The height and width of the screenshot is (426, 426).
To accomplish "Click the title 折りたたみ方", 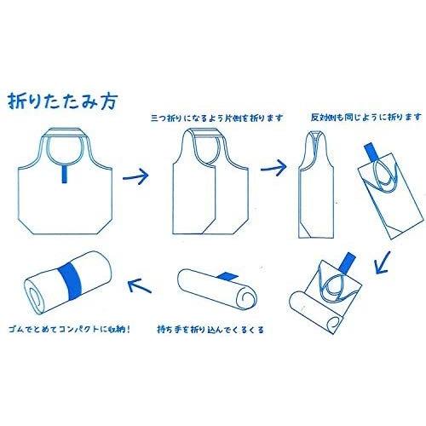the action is pyautogui.click(x=62, y=101).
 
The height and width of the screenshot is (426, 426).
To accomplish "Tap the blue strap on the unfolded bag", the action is pyautogui.click(x=65, y=174).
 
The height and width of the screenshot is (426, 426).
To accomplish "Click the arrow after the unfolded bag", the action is pyautogui.click(x=135, y=176).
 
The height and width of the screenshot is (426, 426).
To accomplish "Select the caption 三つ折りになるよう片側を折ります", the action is pyautogui.click(x=217, y=118).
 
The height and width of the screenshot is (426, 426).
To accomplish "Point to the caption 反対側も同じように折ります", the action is pyautogui.click(x=366, y=117).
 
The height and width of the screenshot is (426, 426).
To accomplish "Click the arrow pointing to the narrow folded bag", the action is pyautogui.click(x=273, y=168).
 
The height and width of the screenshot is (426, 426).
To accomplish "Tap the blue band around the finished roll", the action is pyautogui.click(x=70, y=281).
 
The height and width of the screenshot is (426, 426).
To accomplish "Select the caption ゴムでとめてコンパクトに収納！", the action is pyautogui.click(x=70, y=330).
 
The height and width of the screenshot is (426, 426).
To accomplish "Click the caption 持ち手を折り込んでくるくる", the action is pyautogui.click(x=210, y=330).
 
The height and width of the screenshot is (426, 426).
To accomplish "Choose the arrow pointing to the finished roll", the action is pyautogui.click(x=140, y=285).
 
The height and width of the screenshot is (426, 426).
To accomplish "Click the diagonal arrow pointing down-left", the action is pyautogui.click(x=383, y=262).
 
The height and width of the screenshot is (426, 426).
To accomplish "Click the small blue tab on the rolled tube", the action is pyautogui.click(x=227, y=275).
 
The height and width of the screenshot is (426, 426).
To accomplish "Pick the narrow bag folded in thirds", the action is pyautogui.click(x=316, y=185).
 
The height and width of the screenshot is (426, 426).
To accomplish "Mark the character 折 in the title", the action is pyautogui.click(x=16, y=101).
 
